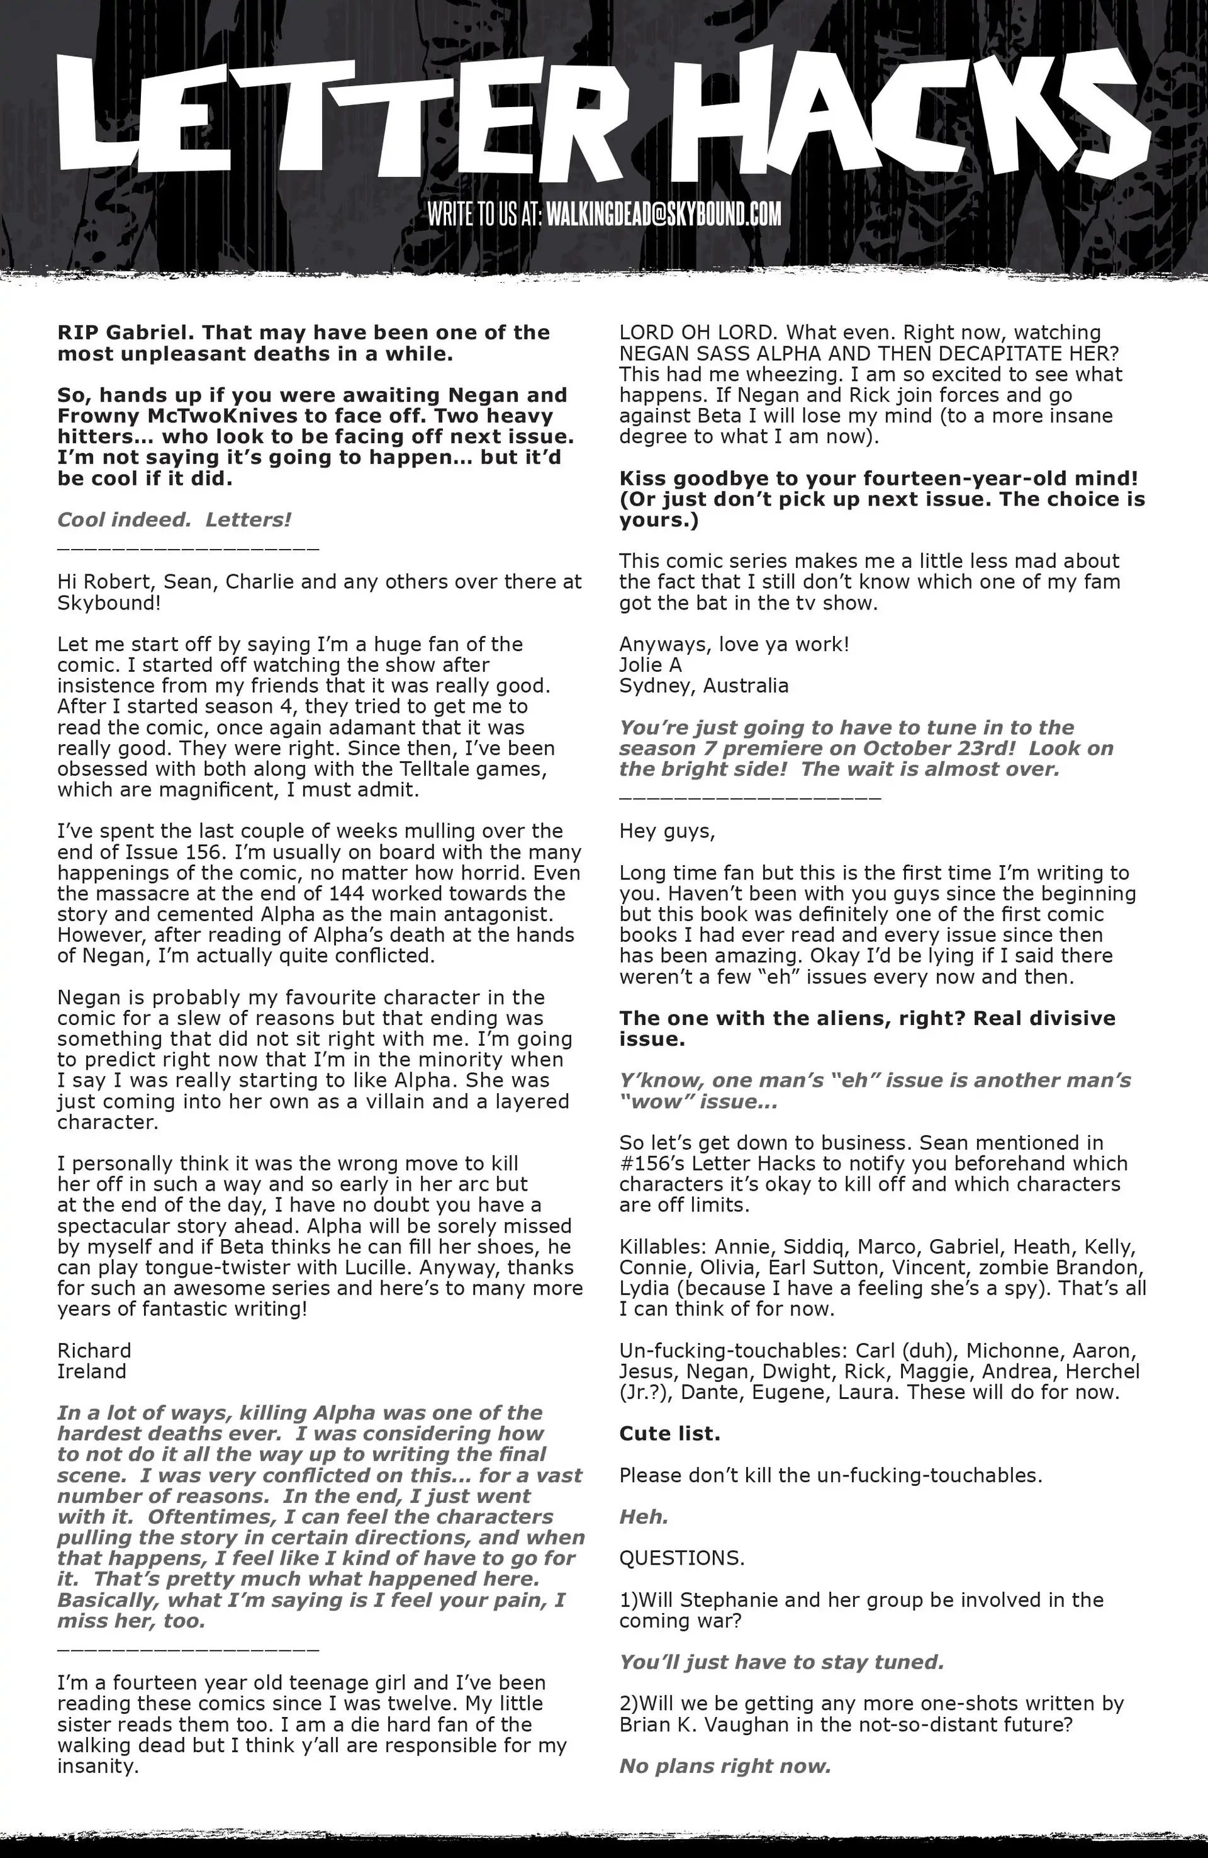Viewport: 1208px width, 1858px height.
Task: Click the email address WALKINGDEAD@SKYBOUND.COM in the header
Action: [x=663, y=214]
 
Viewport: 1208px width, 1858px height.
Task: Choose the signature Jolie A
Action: [x=650, y=664]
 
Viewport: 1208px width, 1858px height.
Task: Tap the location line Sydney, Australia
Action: [x=703, y=686]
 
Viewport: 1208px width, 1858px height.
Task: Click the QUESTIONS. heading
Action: [x=681, y=1558]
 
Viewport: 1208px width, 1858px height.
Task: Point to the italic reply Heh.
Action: [x=644, y=1516]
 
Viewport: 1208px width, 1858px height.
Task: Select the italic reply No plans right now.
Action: [x=725, y=1766]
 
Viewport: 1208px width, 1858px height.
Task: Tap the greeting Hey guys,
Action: [x=667, y=830]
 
